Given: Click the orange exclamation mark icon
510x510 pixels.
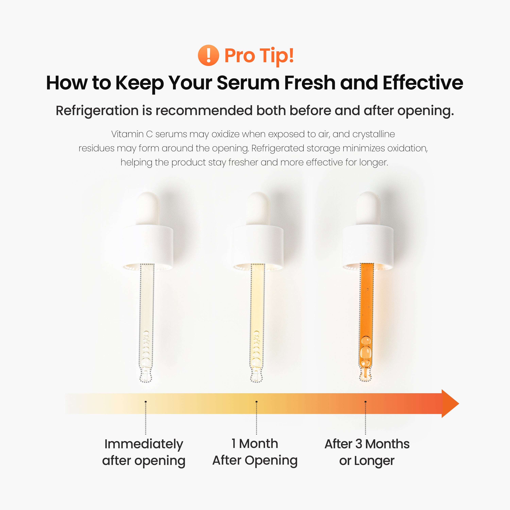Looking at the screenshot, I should click(x=208, y=55).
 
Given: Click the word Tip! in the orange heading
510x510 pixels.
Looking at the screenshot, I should click(x=277, y=56).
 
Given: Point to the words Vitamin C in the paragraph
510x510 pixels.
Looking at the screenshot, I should click(x=132, y=134).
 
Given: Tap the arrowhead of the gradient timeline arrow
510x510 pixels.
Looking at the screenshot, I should click(x=449, y=403).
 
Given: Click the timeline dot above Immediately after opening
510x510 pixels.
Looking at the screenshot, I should click(x=146, y=402).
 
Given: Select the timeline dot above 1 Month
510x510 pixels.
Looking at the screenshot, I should click(x=256, y=402).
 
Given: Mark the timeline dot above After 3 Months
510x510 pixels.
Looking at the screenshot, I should click(x=365, y=402).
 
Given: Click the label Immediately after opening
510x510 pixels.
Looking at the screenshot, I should click(x=144, y=452).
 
